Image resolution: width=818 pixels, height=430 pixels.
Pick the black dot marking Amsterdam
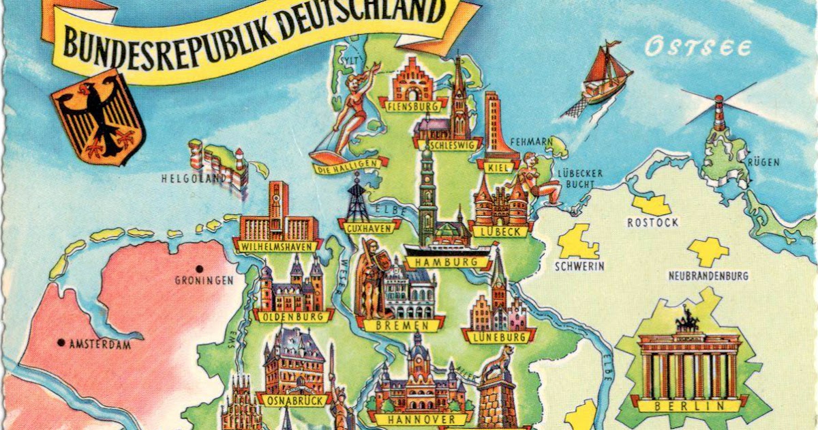coord(61,343)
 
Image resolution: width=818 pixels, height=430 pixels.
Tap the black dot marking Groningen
coord(199,268)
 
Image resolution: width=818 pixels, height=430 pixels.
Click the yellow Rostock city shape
coord(652,204)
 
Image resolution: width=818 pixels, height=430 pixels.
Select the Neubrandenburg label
coord(708,276)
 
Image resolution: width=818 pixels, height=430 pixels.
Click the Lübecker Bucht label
coord(580,179)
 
